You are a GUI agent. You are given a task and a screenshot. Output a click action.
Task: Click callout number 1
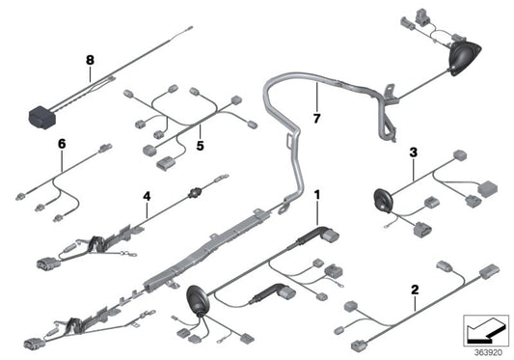[318, 196]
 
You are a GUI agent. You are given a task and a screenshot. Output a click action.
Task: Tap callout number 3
[413, 152]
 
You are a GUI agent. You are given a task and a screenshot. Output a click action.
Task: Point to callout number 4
[147, 196]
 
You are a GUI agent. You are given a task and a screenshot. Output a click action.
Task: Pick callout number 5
[201, 146]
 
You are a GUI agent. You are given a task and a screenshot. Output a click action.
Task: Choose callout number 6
[61, 144]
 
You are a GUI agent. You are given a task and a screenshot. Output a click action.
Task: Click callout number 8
[90, 60]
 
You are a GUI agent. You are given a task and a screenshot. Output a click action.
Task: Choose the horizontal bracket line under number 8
[90, 77]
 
